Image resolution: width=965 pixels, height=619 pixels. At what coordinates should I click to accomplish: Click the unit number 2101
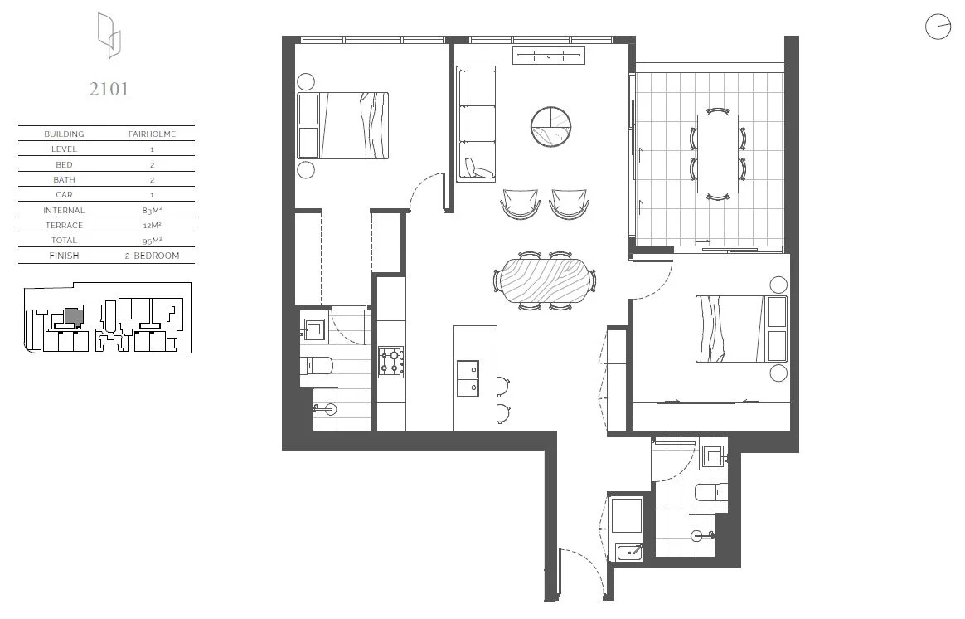pos(109,89)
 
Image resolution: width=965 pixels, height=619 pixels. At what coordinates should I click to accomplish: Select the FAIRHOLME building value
pos(151,134)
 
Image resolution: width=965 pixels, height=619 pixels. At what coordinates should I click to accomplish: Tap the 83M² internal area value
pos(151,210)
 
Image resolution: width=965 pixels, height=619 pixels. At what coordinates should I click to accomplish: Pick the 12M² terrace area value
pos(151,225)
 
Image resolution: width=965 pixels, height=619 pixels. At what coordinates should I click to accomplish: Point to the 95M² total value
pos(151,241)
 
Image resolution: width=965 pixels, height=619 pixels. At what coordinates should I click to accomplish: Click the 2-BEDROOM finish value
pos(151,256)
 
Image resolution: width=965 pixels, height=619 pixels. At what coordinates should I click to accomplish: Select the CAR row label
pos(64,195)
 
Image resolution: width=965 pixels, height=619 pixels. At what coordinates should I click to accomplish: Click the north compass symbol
pos(938,27)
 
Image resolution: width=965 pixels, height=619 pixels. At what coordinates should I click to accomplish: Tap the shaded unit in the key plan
pos(73,315)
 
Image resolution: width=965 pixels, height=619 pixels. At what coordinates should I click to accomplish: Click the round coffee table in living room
pos(551,126)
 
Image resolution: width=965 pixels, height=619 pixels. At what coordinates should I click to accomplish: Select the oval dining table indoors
pos(545,281)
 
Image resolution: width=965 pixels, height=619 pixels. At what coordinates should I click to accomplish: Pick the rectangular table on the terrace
pos(717,154)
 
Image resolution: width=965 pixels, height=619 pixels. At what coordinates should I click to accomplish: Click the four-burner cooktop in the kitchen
pos(391,361)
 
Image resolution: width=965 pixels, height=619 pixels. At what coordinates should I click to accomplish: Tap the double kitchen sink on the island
pos(468,378)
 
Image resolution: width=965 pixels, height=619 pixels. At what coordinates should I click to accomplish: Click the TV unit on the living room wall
pos(549,56)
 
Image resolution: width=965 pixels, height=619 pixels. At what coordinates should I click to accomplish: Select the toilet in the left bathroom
pos(318,366)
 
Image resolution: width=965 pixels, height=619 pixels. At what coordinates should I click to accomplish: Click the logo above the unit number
pos(109,36)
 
